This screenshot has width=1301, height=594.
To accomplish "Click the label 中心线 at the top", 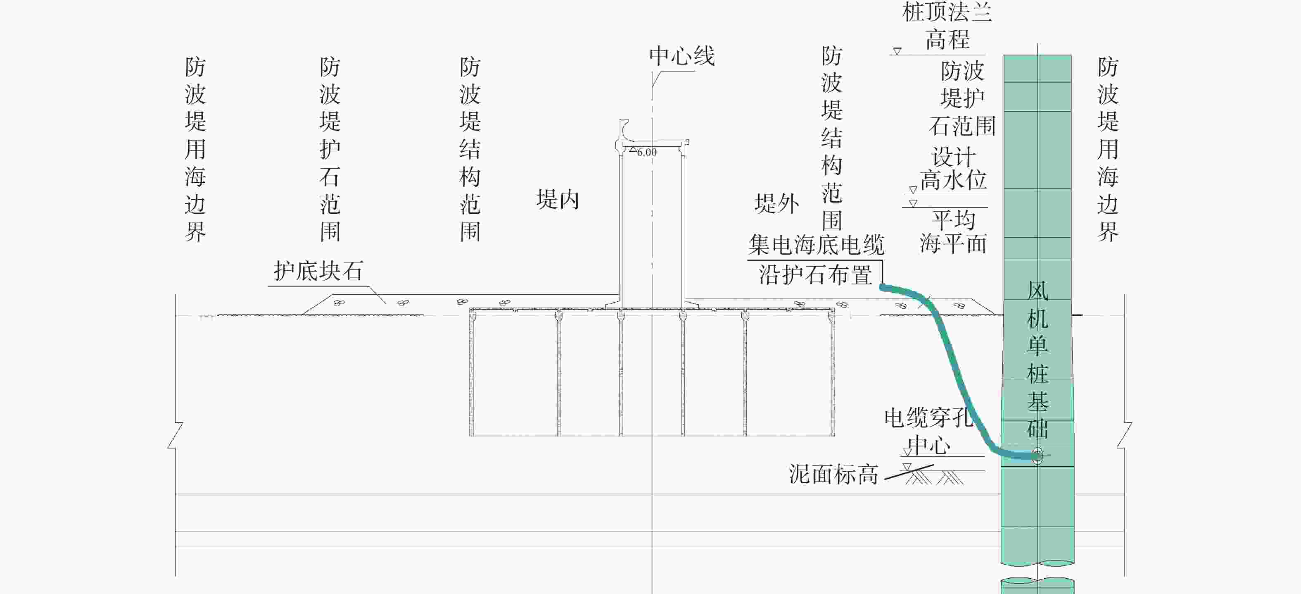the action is coord(682,56).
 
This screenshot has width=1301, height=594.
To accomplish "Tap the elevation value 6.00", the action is coord(646,152).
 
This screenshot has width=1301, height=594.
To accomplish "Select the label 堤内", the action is coord(558,199).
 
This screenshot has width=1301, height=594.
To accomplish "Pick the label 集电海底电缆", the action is coord(816,245).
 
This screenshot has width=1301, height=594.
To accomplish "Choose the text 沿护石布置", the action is coord(815,274).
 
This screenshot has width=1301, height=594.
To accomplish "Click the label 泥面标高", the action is coord(833,474).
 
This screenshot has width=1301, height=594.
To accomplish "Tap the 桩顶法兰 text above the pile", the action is coord(947,12).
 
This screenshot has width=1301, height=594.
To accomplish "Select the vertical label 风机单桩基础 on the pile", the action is coord(1038,360).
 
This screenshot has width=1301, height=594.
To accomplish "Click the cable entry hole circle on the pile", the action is coord(1037,456).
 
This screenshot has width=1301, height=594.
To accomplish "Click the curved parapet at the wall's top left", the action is coord(624,132).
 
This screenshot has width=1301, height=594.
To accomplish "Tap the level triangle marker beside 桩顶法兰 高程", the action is coord(897,51).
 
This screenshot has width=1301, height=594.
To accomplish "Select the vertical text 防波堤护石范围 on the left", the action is coord(330,149).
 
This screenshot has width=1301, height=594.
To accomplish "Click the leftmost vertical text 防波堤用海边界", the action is coord(195,149).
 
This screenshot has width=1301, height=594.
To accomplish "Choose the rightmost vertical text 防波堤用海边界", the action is coord(1108,149).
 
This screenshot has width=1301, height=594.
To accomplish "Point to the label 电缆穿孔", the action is coord(928,417).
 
